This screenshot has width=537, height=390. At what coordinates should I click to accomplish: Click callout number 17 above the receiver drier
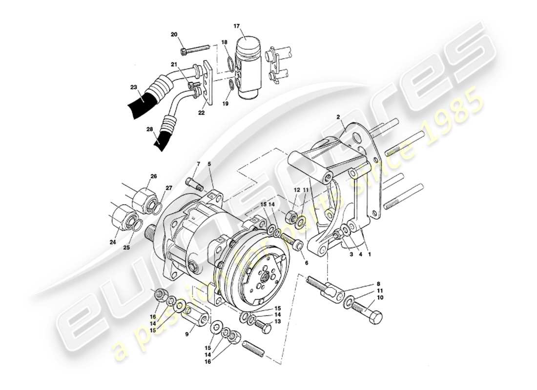pyautogui.click(x=250, y=25)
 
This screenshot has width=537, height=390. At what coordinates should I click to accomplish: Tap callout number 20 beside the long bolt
pyautogui.click(x=174, y=34)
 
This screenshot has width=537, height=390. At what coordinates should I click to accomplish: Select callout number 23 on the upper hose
pyautogui.click(x=134, y=88)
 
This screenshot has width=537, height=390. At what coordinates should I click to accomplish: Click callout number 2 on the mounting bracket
pyautogui.click(x=337, y=117)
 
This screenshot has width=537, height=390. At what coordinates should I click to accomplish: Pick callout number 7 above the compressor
pyautogui.click(x=199, y=163)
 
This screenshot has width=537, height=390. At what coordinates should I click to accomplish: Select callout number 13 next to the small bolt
pyautogui.click(x=278, y=322)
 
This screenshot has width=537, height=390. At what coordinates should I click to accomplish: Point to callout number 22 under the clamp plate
pyautogui.click(x=202, y=113)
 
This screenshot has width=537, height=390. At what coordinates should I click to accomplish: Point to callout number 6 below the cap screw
pyautogui.click(x=306, y=262)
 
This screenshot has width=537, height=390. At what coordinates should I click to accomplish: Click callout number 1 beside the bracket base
pyautogui.click(x=369, y=254)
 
